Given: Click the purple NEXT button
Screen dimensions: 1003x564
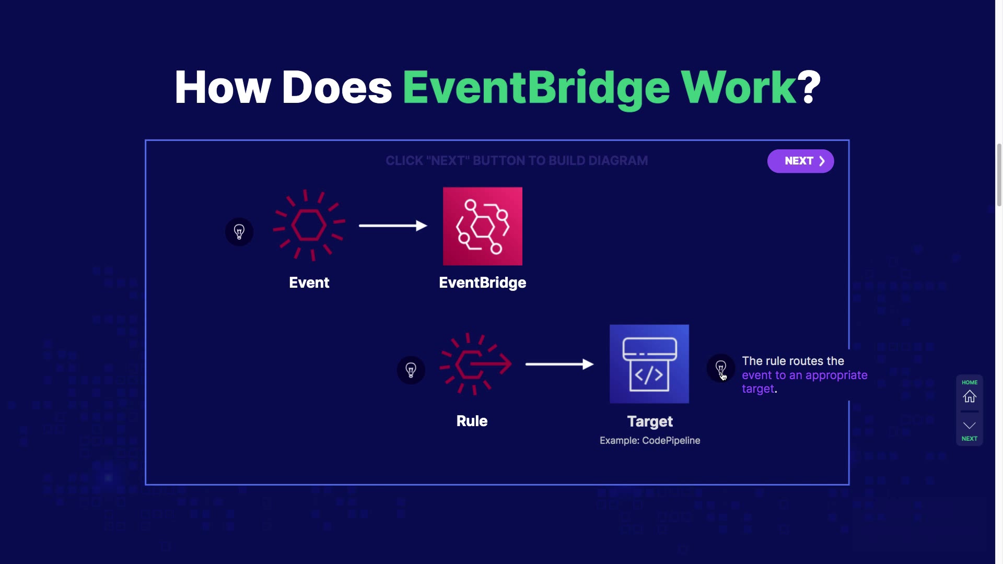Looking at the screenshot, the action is pos(800,161).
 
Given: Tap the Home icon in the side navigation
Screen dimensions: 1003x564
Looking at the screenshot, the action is pos(970,397).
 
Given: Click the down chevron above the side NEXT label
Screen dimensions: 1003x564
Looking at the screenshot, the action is pos(970,425).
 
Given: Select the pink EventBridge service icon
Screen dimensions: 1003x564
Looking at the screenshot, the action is pos(482,226).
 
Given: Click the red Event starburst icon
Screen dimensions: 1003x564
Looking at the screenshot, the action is pos(309,225).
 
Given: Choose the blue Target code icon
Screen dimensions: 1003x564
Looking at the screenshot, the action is pos(649,364).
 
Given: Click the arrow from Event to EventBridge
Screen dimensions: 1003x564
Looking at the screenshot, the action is pos(393,226).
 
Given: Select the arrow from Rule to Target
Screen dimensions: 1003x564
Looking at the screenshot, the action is pos(559,364).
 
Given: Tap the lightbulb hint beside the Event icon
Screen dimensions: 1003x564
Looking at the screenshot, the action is pos(239,231).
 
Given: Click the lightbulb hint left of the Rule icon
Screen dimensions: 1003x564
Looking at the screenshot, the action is pos(411,370).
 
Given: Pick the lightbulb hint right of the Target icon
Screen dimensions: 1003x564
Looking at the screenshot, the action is pos(720,368).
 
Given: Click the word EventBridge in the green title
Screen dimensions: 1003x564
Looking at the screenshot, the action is pos(536,87).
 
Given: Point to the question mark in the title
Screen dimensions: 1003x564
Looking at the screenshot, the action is pos(810,87).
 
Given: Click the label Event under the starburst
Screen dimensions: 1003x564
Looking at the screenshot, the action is pos(309,283).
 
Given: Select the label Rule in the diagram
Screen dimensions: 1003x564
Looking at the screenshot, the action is pos(472,421).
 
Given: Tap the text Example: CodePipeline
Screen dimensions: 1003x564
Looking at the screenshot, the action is pos(650,440).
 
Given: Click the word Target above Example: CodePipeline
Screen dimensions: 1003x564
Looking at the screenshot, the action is pos(650,421).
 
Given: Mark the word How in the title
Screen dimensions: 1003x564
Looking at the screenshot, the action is pos(223,87).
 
